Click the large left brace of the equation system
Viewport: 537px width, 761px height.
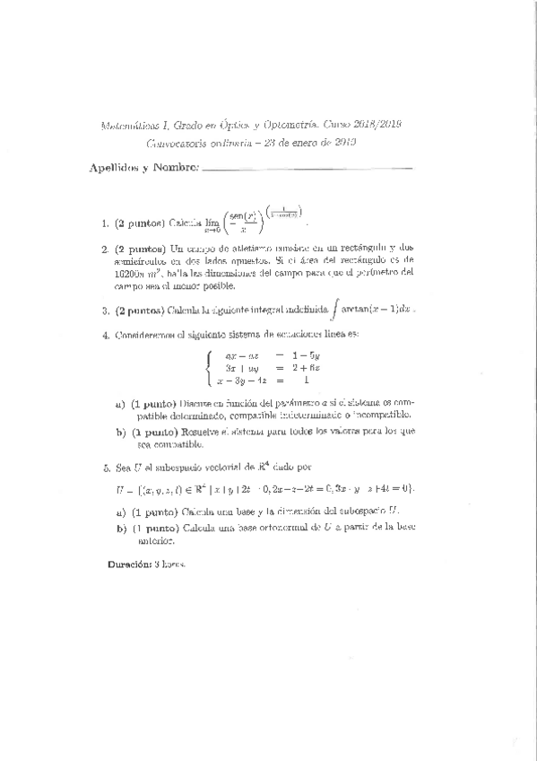210,368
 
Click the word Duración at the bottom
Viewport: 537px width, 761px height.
128,564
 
